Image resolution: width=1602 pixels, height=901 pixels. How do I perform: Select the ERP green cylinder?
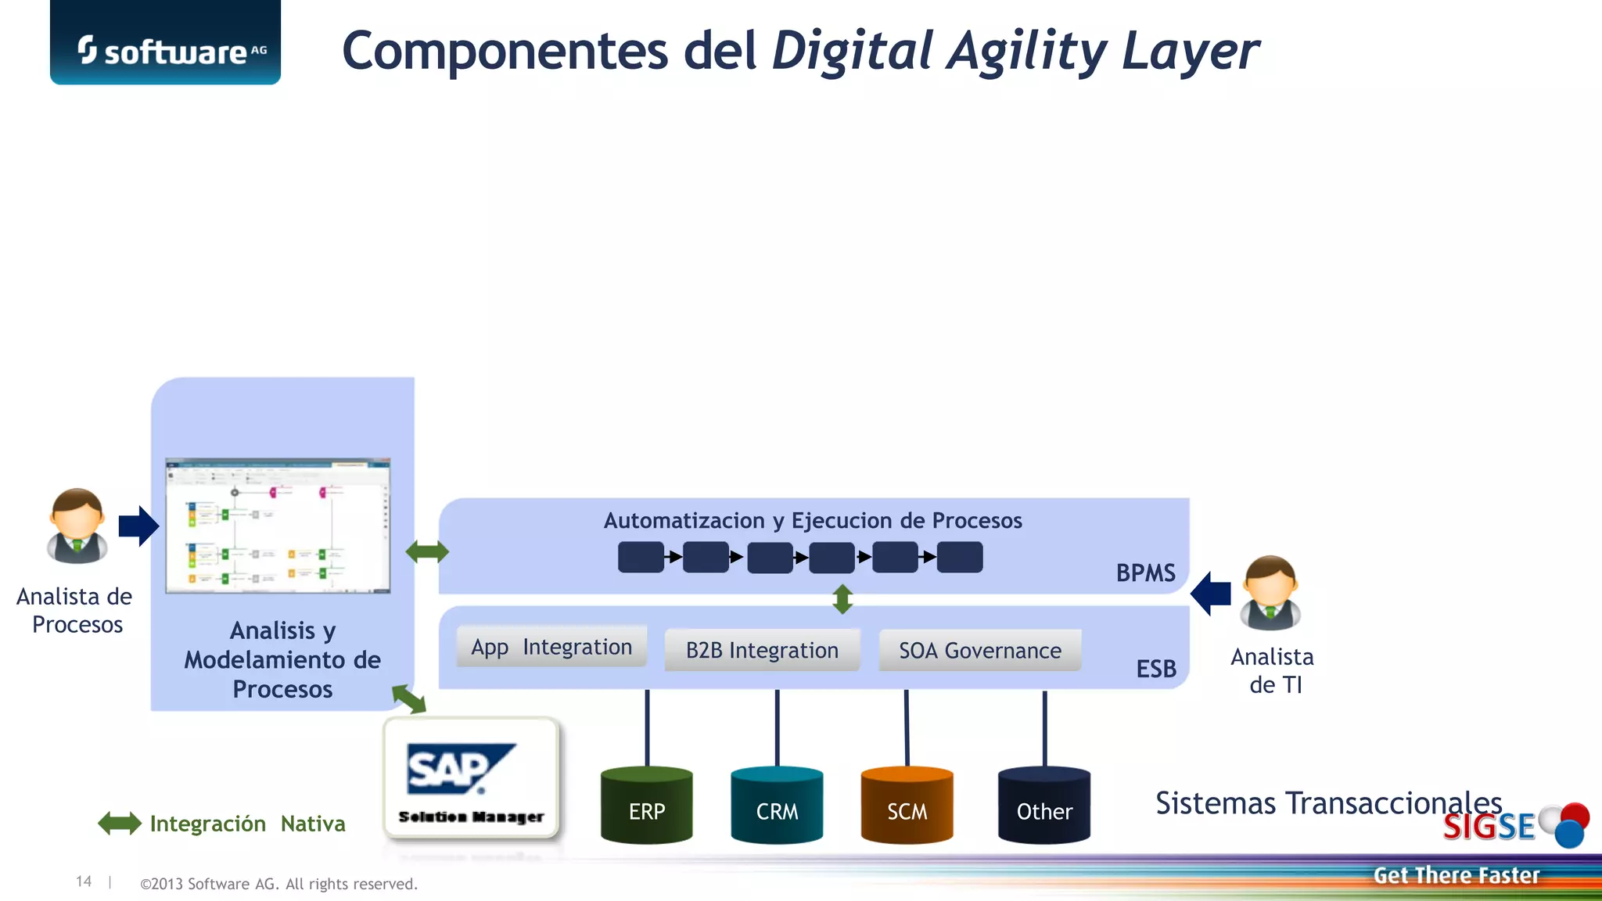(x=646, y=806)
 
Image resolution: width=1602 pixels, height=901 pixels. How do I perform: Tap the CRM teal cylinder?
(x=777, y=806)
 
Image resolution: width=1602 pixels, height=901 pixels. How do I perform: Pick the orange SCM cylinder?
(x=907, y=806)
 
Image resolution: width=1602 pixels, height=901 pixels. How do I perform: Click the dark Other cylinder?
(x=1043, y=806)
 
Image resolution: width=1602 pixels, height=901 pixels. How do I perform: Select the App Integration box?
(x=551, y=647)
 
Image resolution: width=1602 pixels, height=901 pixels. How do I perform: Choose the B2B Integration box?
(x=762, y=650)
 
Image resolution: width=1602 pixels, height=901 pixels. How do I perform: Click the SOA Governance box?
(x=979, y=650)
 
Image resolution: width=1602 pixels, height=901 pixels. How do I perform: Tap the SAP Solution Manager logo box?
(x=471, y=779)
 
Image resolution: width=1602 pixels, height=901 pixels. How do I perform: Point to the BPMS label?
(x=1145, y=573)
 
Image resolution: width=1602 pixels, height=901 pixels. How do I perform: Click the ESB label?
(x=1156, y=669)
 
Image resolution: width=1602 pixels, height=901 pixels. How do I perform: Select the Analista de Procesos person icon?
(x=77, y=526)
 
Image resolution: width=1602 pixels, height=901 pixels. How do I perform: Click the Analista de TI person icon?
(x=1270, y=593)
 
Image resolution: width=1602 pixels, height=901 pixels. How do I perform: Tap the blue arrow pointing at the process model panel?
(x=138, y=526)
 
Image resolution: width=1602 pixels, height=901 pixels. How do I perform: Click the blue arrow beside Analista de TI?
(x=1211, y=594)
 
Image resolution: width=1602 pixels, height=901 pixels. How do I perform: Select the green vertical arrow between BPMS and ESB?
(x=842, y=599)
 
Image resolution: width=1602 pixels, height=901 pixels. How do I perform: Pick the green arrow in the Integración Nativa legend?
(x=119, y=823)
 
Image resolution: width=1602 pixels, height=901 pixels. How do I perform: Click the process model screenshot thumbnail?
(x=278, y=526)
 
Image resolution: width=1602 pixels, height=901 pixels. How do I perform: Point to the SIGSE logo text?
(x=1488, y=827)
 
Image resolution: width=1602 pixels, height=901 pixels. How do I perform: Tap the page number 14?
(x=84, y=881)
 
